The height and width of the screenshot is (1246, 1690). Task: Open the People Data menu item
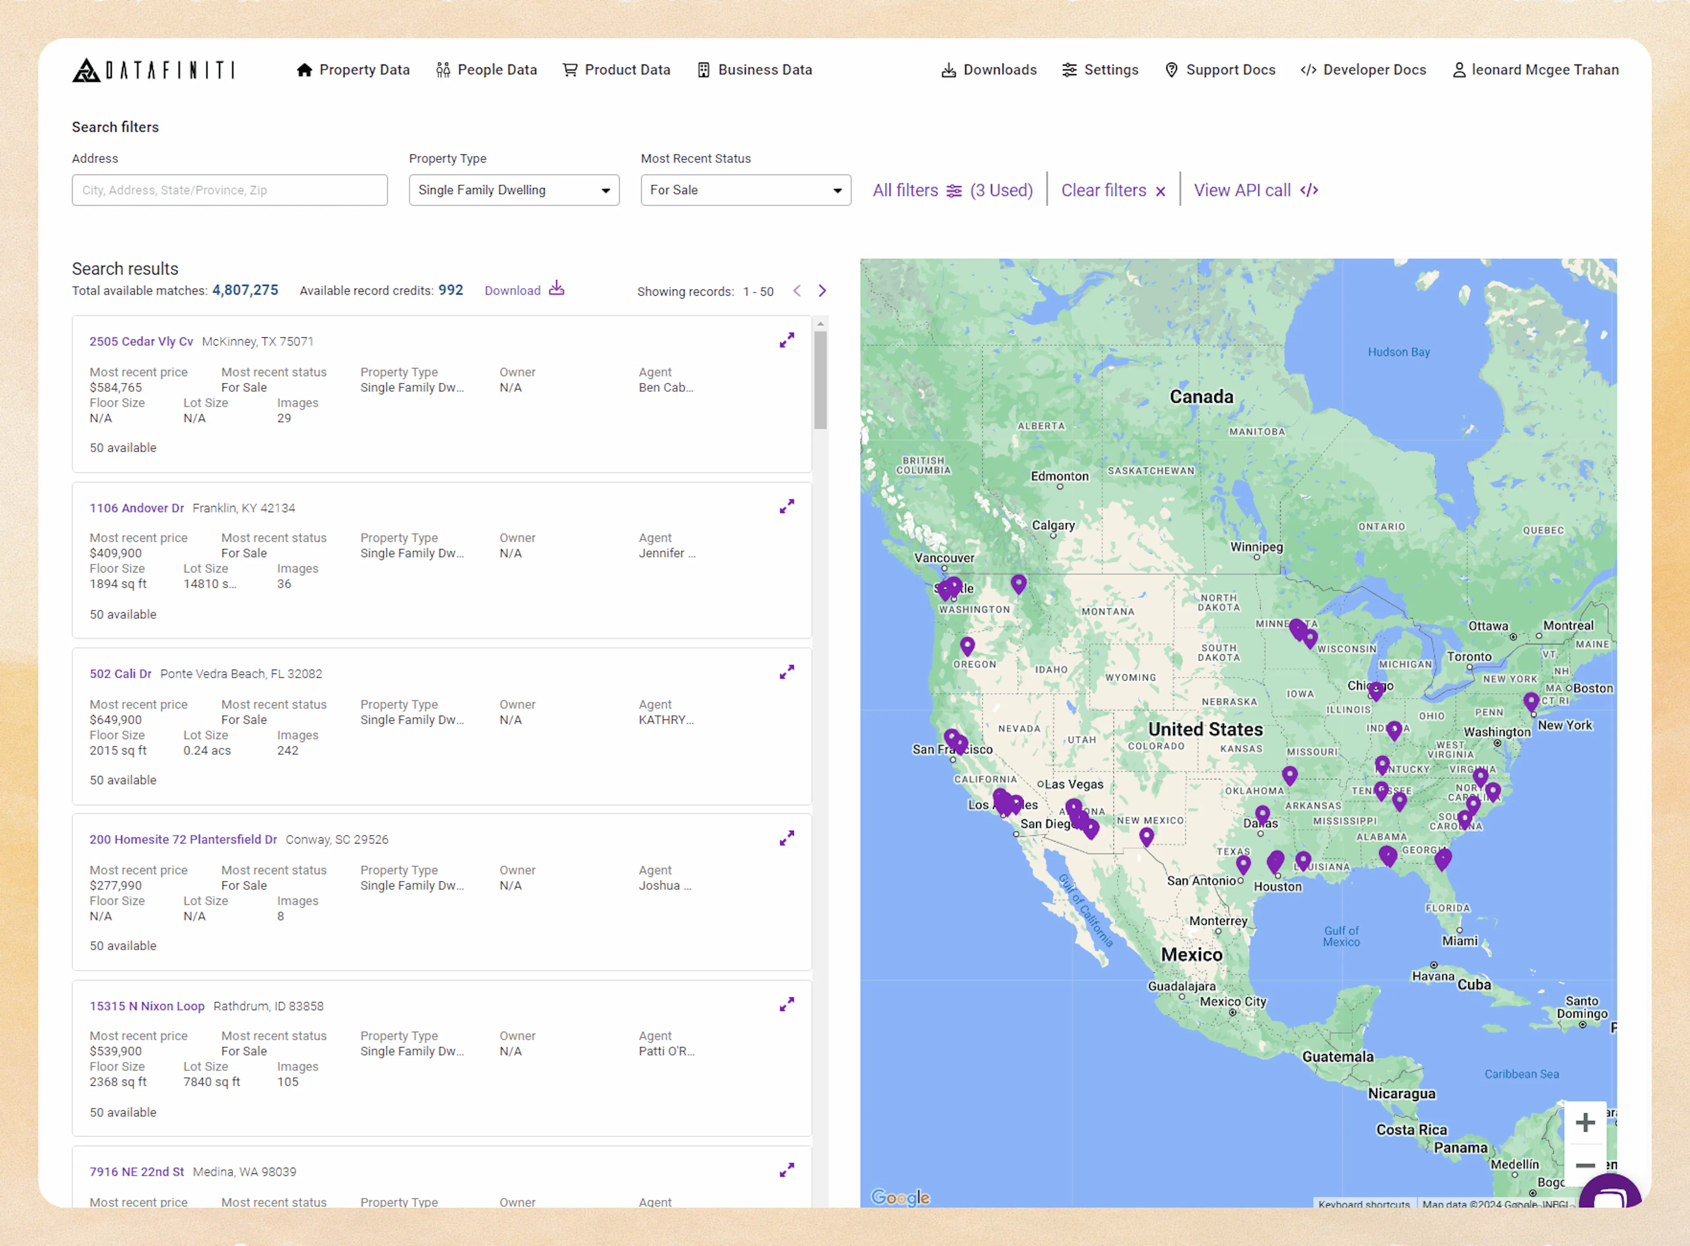click(487, 70)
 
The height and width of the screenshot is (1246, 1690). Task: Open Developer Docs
click(1363, 70)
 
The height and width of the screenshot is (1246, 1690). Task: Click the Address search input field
click(229, 190)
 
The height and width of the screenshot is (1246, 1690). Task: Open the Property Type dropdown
click(514, 190)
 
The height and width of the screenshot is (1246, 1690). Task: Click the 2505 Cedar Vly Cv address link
click(141, 342)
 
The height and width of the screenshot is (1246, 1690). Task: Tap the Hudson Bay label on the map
click(1399, 352)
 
